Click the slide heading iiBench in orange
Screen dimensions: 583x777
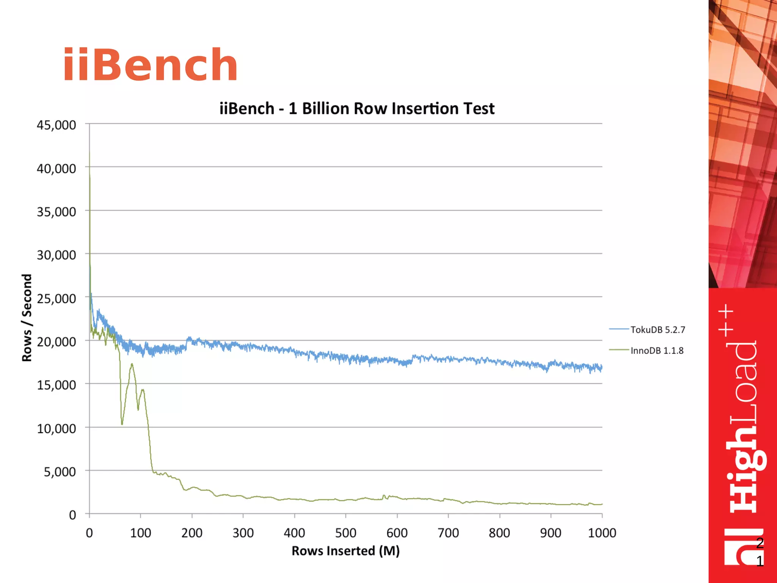tap(150, 65)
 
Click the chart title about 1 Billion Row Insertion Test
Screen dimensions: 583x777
tap(357, 109)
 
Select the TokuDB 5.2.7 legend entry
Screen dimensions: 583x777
tap(657, 329)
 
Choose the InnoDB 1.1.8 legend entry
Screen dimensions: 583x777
tap(657, 350)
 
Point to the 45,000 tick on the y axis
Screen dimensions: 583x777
tap(56, 125)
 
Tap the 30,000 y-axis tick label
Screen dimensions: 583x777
tap(56, 255)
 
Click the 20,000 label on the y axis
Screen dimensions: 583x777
tap(56, 342)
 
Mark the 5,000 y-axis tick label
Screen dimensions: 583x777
tap(60, 471)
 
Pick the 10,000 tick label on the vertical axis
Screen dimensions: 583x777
tap(56, 428)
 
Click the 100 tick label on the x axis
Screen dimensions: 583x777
tap(140, 533)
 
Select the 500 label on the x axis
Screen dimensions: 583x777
tap(346, 533)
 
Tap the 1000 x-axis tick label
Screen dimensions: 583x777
tap(602, 533)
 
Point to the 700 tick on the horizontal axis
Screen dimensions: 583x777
tap(448, 533)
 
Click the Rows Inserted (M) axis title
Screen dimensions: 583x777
tap(345, 551)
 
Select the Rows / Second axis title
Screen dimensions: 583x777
tap(27, 317)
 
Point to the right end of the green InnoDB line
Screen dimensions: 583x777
tap(602, 504)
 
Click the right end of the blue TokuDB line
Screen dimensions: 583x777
tap(602, 367)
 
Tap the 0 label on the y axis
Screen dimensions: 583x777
tap(72, 515)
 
